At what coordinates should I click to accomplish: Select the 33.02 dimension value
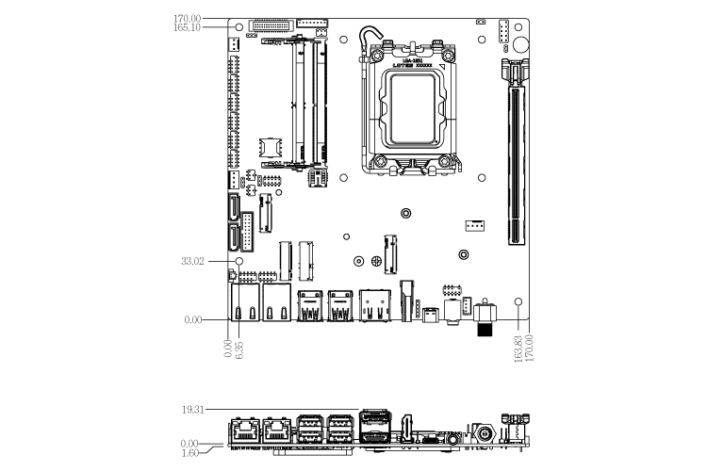(191, 261)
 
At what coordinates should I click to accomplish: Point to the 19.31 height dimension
(191, 410)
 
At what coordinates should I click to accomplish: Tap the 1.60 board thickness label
(189, 452)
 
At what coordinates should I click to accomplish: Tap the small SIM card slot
(270, 146)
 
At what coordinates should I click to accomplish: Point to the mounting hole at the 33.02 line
(238, 261)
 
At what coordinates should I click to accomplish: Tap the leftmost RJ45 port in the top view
(244, 304)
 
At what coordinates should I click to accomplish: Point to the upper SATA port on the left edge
(232, 207)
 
